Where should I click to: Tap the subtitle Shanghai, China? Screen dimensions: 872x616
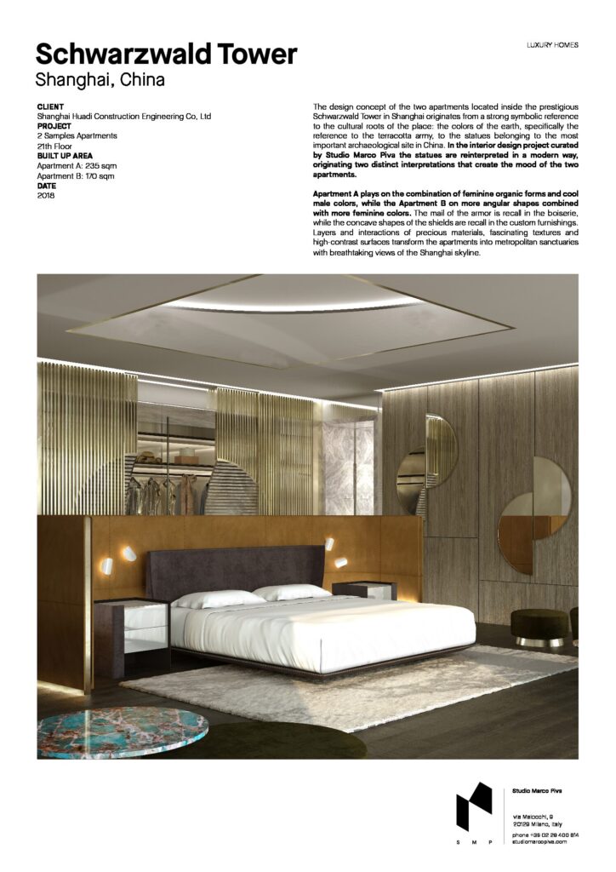pos(100,82)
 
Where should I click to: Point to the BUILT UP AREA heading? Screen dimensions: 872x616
pos(71,156)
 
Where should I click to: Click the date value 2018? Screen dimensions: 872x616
pos(46,196)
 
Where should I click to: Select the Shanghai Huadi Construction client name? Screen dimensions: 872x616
pos(123,117)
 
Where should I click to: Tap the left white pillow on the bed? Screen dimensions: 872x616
pos(218,599)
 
